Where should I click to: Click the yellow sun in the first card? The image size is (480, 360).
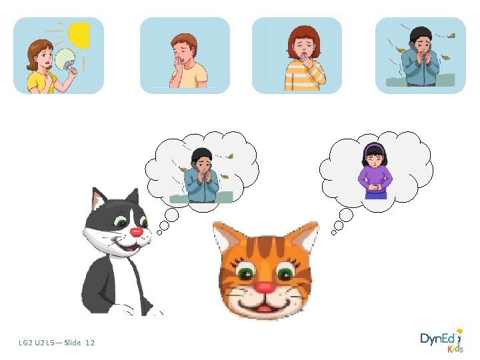(79, 35)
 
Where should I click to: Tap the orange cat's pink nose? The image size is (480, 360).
(265, 287)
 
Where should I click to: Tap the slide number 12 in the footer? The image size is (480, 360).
(90, 343)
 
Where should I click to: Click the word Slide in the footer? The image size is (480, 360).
(73, 343)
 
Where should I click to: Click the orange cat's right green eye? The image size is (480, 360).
(286, 272)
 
